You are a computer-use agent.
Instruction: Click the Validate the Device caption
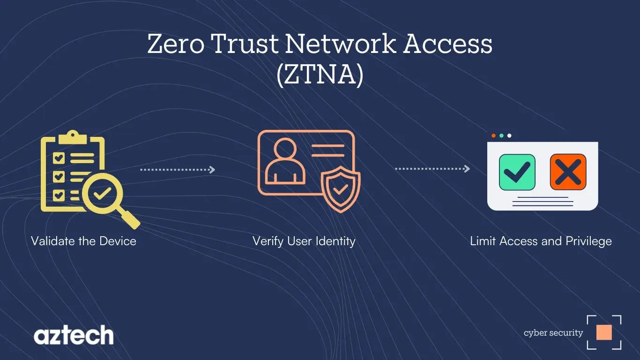[83, 241]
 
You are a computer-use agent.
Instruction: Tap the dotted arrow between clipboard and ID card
[178, 170]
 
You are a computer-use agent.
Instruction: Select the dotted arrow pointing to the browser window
[432, 169]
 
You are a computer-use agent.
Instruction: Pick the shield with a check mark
[341, 188]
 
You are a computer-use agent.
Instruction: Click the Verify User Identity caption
[304, 241]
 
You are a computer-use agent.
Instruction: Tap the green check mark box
[517, 172]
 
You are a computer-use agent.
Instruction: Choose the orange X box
[568, 172]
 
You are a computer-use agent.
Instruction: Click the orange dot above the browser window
[493, 136]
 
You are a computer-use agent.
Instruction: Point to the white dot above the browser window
[509, 136]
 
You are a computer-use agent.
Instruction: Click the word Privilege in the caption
[588, 241]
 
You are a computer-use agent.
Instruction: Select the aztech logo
[74, 336]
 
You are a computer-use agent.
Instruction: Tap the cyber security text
[553, 333]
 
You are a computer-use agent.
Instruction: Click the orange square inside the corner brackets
[604, 332]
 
